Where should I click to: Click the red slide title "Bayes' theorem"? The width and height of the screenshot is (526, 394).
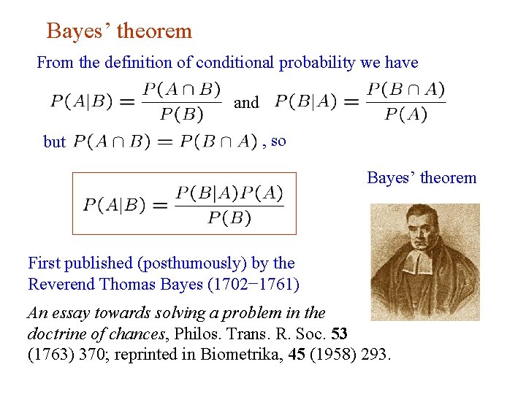click(x=119, y=31)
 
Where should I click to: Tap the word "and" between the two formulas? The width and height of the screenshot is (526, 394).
click(x=246, y=103)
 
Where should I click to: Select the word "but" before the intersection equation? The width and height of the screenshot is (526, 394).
click(x=55, y=142)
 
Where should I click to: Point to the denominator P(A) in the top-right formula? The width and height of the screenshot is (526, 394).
click(x=405, y=115)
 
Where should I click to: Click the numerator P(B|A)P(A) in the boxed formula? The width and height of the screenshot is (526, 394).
click(x=229, y=193)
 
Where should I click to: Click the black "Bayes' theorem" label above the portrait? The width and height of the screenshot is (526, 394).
click(x=422, y=178)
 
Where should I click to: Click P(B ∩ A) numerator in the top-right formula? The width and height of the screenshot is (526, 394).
click(x=405, y=90)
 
